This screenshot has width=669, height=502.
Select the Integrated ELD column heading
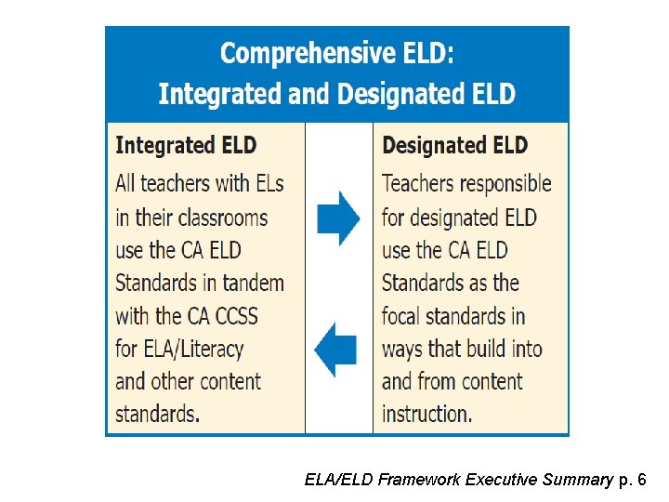pyautogui.click(x=186, y=146)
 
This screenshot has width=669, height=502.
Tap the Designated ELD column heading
pyautogui.click(x=454, y=146)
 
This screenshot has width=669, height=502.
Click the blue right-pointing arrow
pyautogui.click(x=338, y=218)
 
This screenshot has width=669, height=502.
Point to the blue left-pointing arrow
pyautogui.click(x=335, y=350)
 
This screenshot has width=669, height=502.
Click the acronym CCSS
pyautogui.click(x=236, y=316)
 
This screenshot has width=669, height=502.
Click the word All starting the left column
pyautogui.click(x=127, y=183)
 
